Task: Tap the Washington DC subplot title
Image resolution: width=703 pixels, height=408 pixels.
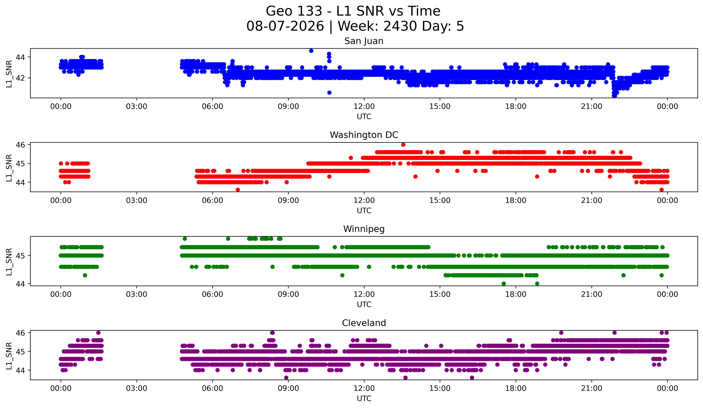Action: click(364, 135)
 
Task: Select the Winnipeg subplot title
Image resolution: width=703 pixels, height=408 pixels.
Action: click(364, 229)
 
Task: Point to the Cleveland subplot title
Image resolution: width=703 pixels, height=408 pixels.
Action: click(364, 323)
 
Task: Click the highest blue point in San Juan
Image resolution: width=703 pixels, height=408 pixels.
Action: click(311, 51)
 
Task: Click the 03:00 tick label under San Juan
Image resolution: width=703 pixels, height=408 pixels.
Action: click(137, 107)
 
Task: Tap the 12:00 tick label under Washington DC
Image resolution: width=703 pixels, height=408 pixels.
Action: click(364, 201)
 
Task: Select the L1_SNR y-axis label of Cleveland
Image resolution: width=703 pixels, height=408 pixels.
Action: click(9, 356)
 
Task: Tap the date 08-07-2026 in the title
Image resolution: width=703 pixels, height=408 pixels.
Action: click(285, 26)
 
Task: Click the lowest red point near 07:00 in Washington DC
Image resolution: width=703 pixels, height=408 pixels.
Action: click(238, 190)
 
